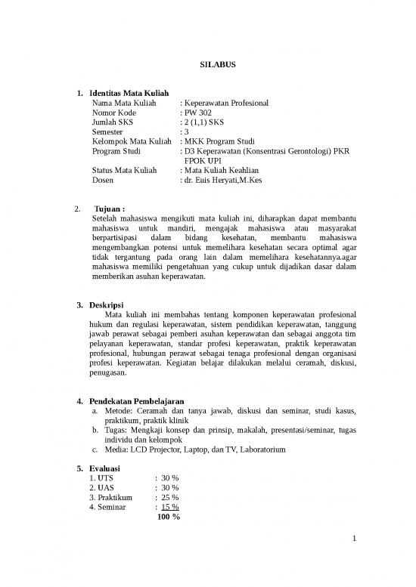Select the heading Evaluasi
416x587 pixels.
[107, 468]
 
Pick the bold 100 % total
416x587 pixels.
[167, 517]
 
